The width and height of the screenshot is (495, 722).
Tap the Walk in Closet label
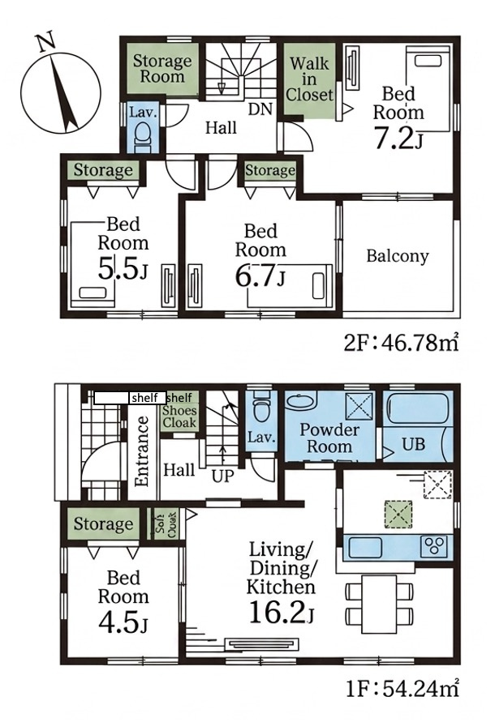309,79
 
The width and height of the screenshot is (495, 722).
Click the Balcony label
397,256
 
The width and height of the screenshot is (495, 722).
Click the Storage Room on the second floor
162,69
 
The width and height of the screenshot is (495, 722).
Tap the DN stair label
260,109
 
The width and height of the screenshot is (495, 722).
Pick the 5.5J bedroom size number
123,269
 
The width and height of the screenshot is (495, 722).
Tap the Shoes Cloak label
179,417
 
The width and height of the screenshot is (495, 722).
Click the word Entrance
142,451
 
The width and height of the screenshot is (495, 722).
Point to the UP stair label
223,476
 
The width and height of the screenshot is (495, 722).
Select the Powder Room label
329,438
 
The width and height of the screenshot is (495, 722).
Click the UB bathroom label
413,444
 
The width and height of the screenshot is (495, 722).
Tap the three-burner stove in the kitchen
433,547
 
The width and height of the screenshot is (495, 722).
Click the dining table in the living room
379,604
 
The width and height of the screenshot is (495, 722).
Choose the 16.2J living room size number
281,612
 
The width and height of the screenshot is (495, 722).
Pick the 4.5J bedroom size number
123,622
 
